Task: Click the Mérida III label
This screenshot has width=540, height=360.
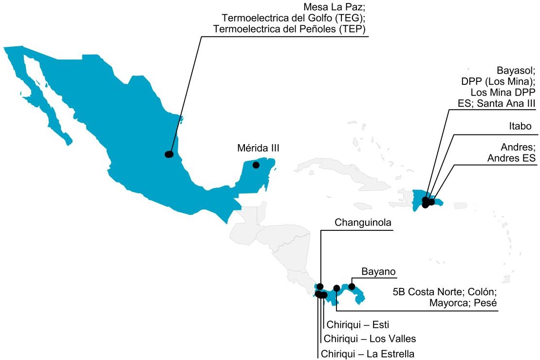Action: (x=259, y=148)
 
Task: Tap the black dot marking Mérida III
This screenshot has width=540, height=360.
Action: (x=256, y=165)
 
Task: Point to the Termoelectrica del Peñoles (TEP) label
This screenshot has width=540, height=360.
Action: (x=290, y=30)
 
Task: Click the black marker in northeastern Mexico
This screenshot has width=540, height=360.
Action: (x=169, y=154)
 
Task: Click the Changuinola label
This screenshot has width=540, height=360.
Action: (x=363, y=223)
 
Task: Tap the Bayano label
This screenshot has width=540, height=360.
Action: (x=378, y=271)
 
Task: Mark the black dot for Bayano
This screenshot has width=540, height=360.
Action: (x=352, y=286)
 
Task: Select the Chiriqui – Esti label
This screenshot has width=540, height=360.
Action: (x=358, y=324)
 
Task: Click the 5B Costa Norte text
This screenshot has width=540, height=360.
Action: (x=428, y=292)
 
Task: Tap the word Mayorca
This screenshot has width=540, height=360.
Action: (x=448, y=303)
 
